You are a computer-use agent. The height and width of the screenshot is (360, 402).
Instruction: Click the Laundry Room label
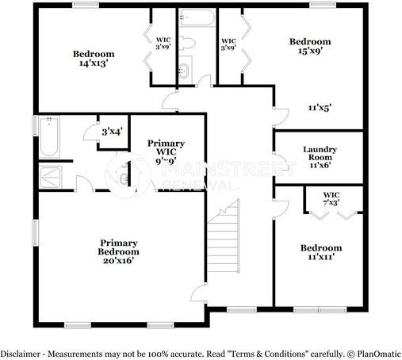point(320,157)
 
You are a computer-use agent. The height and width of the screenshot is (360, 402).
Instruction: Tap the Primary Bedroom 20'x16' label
point(118,251)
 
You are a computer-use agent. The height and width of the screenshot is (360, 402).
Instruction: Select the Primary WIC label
point(166,152)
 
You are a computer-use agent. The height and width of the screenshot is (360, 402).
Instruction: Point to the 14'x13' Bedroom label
point(94,58)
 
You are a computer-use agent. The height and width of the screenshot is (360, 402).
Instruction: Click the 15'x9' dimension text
point(310,50)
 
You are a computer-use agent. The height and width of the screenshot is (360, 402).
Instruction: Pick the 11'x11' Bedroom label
point(321,252)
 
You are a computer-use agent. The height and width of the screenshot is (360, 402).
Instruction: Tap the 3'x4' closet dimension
point(113,132)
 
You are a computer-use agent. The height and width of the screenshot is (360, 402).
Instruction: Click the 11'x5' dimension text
point(320,108)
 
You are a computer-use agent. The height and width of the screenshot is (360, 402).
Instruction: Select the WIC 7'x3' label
point(331,199)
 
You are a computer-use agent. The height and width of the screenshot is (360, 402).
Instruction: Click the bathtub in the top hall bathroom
point(197,17)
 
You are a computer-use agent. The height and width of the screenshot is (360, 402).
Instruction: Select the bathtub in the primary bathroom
point(49,137)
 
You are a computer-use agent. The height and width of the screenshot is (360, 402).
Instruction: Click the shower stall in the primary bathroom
point(50,177)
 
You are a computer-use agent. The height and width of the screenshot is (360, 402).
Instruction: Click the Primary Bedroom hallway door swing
point(199,293)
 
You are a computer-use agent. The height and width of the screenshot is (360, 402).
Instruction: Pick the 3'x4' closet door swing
point(90,132)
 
